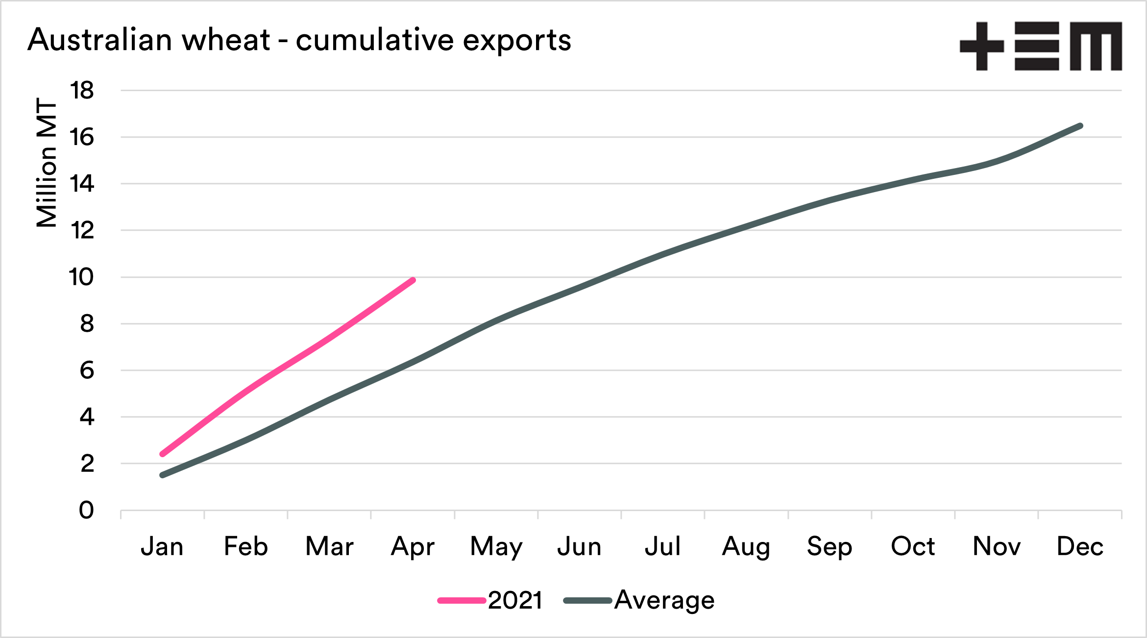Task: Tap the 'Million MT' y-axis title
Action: pos(47,163)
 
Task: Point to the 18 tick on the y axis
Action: pos(82,91)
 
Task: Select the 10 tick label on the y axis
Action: pos(81,277)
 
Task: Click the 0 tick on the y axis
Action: pos(86,511)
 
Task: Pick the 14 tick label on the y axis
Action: pos(82,184)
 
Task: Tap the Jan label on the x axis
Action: pos(162,546)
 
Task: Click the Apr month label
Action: pos(413,547)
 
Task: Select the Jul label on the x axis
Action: pos(662,546)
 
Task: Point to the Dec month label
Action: pos(1080,546)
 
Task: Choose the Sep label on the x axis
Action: pos(830,547)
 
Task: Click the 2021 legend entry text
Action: pos(515,600)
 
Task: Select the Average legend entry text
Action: pos(664,600)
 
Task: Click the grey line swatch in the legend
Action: pos(587,601)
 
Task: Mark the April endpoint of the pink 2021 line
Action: pos(413,280)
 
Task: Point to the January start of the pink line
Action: pos(162,454)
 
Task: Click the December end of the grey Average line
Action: pos(1080,126)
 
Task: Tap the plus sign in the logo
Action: pos(982,46)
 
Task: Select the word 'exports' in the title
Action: pos(517,41)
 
